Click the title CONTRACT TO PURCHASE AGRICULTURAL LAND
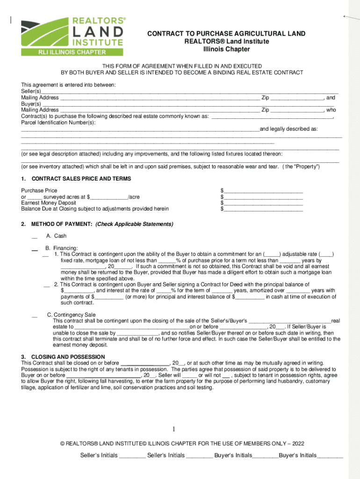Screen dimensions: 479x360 tap(226, 34)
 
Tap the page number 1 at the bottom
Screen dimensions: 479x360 tap(173, 429)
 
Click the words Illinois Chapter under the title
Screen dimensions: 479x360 tap(226, 49)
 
